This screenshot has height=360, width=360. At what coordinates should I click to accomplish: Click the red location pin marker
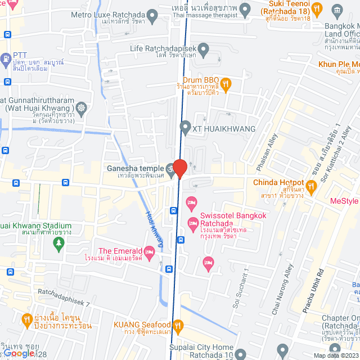click(x=179, y=168)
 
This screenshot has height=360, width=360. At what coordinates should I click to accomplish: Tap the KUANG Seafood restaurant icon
click(x=178, y=325)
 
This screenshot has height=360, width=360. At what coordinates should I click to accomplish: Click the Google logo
click(x=18, y=353)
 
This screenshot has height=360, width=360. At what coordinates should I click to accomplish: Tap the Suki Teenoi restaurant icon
click(x=317, y=9)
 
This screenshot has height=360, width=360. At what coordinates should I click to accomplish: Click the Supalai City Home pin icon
click(x=241, y=354)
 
